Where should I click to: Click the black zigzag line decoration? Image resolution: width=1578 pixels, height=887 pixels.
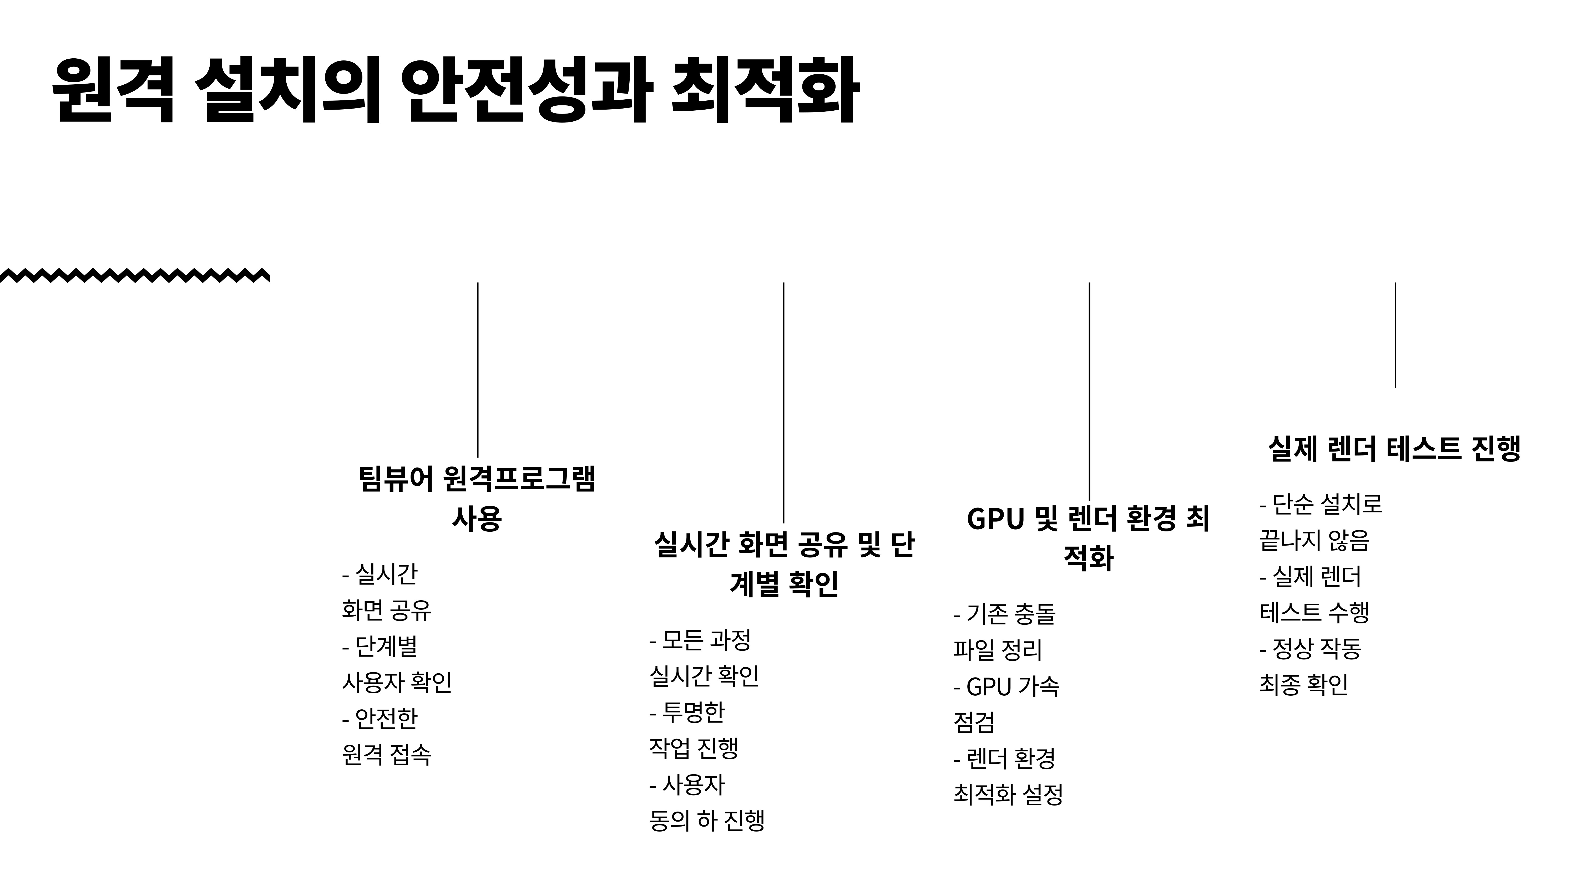click(135, 275)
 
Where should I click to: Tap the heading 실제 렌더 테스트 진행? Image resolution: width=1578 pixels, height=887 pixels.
click(1394, 449)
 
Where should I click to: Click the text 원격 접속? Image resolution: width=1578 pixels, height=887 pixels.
click(387, 754)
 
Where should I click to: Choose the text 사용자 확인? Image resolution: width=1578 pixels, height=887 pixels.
click(397, 682)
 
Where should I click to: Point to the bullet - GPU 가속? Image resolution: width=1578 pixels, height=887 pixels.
click(1007, 686)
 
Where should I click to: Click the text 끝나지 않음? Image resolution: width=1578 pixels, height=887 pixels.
click(1314, 540)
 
